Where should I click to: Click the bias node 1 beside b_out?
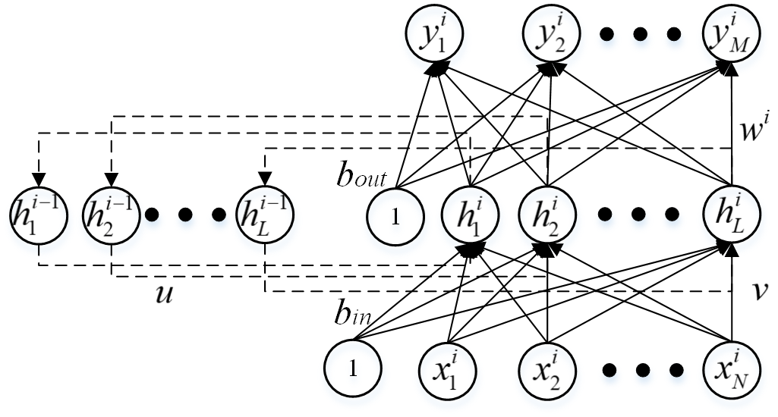click(395, 220)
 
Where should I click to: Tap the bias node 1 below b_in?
click(353, 369)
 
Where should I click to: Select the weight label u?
click(165, 294)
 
